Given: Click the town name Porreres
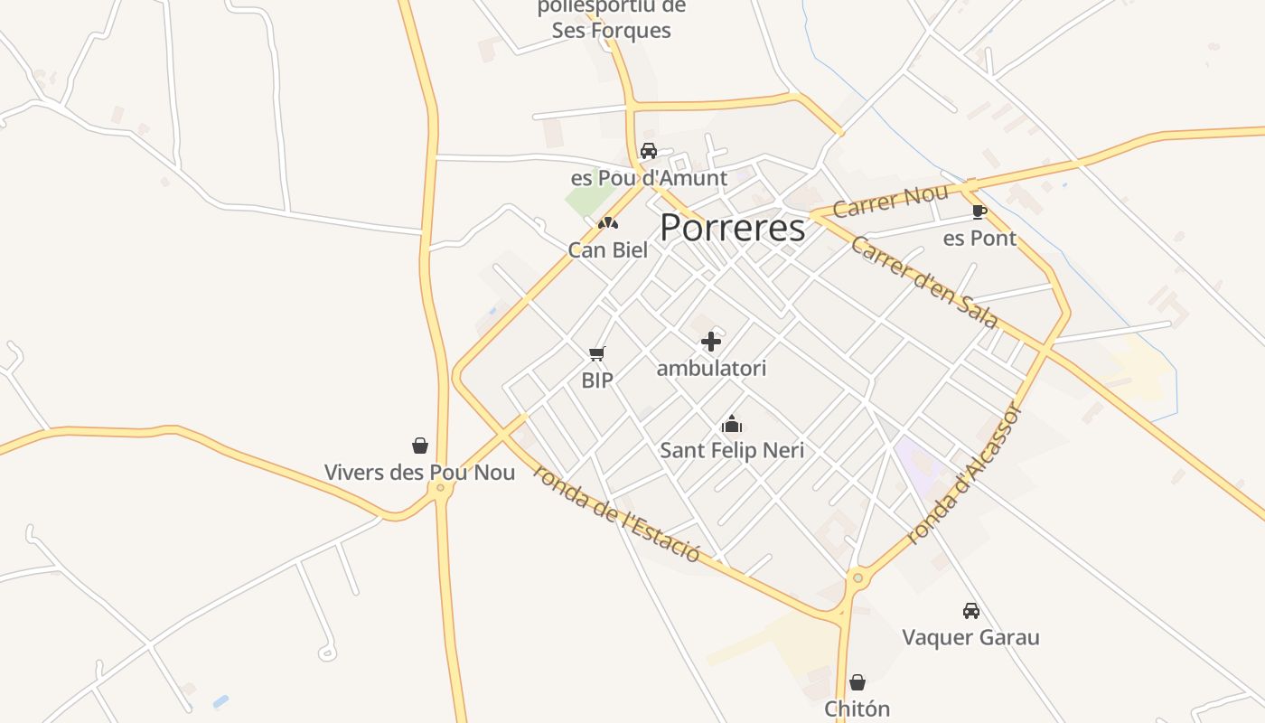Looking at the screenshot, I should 732,228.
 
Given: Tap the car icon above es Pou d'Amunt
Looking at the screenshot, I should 648,151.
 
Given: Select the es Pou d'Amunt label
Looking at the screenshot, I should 649,178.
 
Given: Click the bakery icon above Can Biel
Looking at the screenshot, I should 608,222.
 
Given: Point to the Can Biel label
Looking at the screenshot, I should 608,250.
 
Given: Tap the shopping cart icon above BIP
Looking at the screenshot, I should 596,353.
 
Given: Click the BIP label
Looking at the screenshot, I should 596,380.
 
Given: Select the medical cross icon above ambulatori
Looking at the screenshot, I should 711,342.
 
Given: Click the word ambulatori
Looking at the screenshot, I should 711,369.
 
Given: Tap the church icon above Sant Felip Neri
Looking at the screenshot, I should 731,424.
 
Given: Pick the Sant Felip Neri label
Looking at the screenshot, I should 732,450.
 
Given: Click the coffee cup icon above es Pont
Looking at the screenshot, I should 979,212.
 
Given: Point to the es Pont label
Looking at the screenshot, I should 979,239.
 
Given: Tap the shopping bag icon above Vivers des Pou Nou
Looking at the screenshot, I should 420,446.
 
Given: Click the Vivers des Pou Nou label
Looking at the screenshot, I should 420,473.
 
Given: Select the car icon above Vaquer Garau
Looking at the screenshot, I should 970,611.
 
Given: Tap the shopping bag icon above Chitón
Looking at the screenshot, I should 857,682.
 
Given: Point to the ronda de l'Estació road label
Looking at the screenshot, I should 617,512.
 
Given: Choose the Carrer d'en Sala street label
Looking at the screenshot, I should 924,282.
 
